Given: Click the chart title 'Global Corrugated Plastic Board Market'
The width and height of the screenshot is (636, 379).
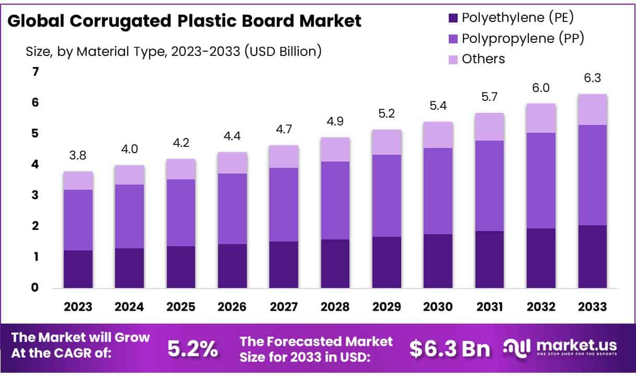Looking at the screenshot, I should [x=184, y=21].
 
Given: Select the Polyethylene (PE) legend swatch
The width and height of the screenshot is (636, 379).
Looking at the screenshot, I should [x=453, y=18].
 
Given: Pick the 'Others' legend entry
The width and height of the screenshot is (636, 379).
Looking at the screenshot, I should [x=483, y=59].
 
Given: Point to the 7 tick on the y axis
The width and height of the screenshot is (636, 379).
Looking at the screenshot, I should [x=36, y=72].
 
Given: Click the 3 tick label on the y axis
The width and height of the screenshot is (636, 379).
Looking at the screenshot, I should [x=36, y=196].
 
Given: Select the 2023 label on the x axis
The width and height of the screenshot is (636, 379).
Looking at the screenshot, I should [x=78, y=307].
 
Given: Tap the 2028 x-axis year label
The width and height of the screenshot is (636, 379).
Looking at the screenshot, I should [x=335, y=307].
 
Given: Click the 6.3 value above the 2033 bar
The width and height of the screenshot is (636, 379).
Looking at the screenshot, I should [x=592, y=78].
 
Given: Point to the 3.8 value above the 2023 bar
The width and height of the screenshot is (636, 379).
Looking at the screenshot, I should [x=78, y=156].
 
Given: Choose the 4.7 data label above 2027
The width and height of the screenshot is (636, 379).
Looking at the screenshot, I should [x=283, y=130].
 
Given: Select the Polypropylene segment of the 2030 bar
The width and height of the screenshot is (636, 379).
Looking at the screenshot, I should [x=438, y=191].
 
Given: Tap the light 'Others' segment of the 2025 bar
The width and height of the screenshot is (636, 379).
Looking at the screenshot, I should [x=181, y=169].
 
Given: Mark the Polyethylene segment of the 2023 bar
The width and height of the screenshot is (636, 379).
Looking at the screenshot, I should [x=78, y=269].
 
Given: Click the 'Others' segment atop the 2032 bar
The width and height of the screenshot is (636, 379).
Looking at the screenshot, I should [x=541, y=118].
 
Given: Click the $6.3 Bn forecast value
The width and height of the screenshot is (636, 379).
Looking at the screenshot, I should [x=450, y=349].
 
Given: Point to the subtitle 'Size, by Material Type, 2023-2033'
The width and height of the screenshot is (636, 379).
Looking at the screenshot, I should [x=173, y=51].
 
